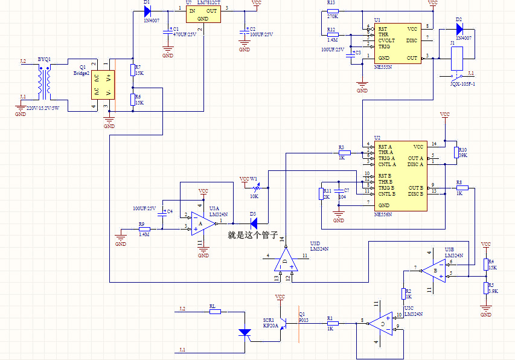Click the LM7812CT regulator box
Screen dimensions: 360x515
(203, 15)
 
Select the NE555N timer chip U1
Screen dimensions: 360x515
(396, 43)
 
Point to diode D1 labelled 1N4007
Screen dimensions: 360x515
(147, 11)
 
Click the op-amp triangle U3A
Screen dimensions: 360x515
(202, 222)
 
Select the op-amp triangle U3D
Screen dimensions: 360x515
(285, 260)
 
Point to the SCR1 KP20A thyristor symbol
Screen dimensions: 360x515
(245, 332)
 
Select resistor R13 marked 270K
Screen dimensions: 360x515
(333, 11)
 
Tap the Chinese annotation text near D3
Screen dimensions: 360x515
(253, 234)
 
